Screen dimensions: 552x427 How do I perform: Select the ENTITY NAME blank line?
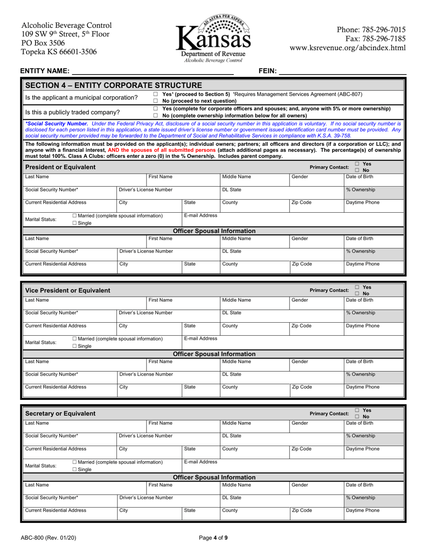tap(153, 70)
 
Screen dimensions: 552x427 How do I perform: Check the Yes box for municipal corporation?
tap(156, 94)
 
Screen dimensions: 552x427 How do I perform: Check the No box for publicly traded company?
tap(156, 116)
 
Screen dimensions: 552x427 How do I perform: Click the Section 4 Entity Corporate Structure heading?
tap(114, 85)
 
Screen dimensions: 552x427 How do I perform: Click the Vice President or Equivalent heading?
tap(67, 290)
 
